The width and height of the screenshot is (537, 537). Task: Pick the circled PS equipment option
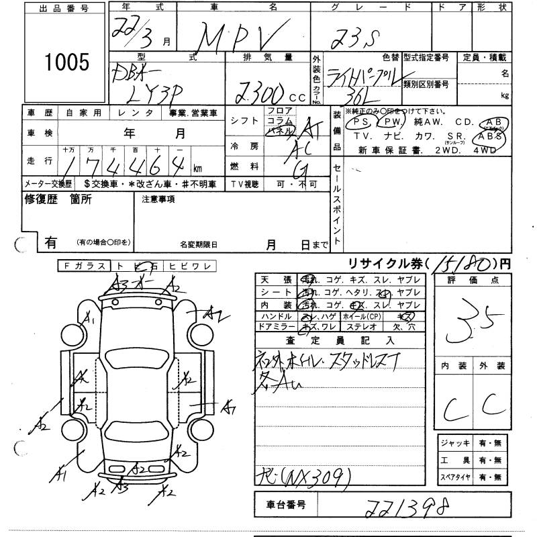[x=362, y=122]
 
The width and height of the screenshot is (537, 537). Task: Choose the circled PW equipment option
[x=389, y=122]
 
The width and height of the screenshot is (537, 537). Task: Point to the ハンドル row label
[x=275, y=316]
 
